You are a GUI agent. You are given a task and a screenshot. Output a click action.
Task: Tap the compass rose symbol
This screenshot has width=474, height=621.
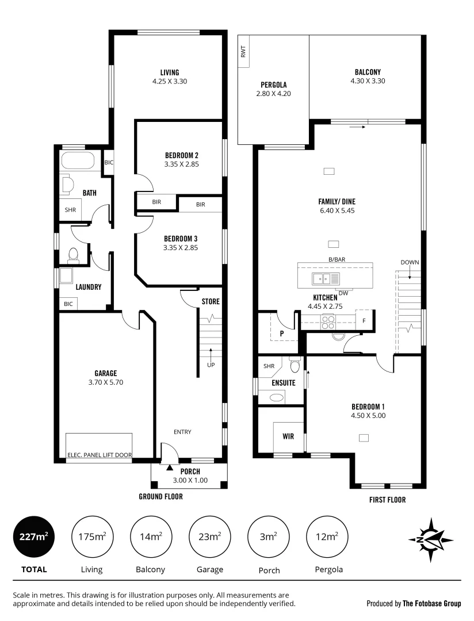[x=431, y=540]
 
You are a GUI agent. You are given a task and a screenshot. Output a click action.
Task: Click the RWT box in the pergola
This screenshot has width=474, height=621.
[x=243, y=52]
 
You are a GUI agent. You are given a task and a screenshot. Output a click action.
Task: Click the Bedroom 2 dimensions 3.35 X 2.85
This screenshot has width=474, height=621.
[x=181, y=164]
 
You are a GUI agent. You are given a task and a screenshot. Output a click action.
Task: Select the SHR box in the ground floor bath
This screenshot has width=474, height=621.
[x=70, y=210]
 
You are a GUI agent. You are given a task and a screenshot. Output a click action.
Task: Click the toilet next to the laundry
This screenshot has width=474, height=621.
[x=73, y=254]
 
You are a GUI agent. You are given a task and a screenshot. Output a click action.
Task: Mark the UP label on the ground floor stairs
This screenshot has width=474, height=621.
[x=211, y=365]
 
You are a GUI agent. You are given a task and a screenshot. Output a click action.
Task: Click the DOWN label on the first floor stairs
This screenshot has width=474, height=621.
[x=410, y=262]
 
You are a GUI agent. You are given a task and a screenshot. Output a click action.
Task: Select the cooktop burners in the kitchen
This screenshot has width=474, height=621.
[x=327, y=322]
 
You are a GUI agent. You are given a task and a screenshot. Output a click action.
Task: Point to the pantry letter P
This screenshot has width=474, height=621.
[x=281, y=333]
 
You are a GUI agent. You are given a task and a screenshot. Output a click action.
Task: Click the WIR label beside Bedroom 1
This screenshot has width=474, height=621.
[x=288, y=436]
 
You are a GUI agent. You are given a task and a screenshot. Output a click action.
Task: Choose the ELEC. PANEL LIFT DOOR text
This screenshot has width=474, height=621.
[x=100, y=455]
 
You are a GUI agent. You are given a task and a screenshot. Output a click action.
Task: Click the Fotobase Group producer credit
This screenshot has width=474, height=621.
[x=414, y=604]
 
